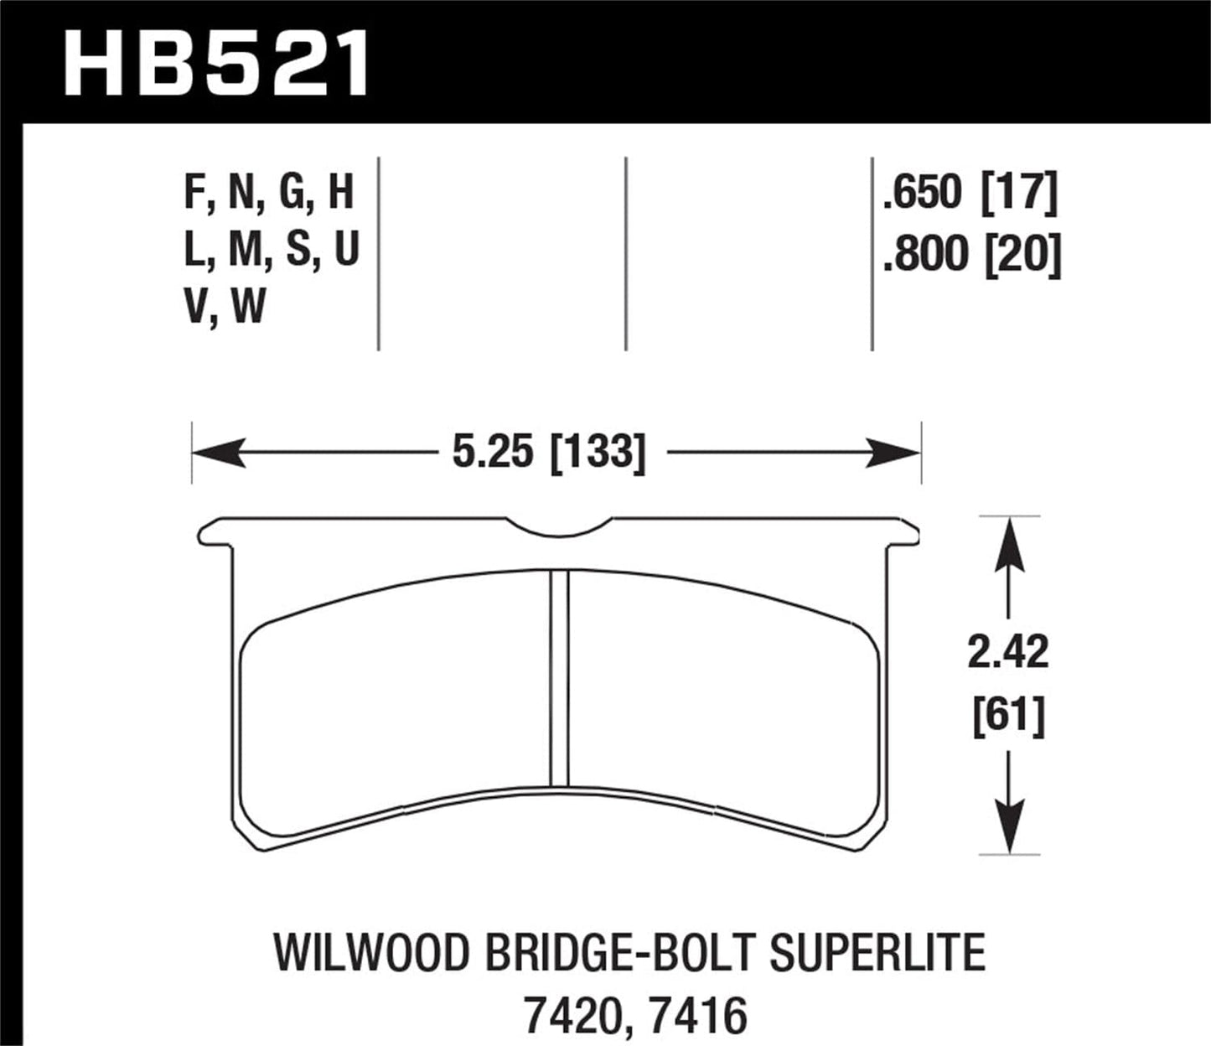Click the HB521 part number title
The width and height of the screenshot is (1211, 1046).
pyautogui.click(x=216, y=63)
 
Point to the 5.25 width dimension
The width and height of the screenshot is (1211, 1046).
pyautogui.click(x=493, y=453)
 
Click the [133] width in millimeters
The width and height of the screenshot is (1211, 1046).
pyautogui.click(x=598, y=453)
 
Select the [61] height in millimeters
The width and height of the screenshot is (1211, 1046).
pyautogui.click(x=1009, y=717)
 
